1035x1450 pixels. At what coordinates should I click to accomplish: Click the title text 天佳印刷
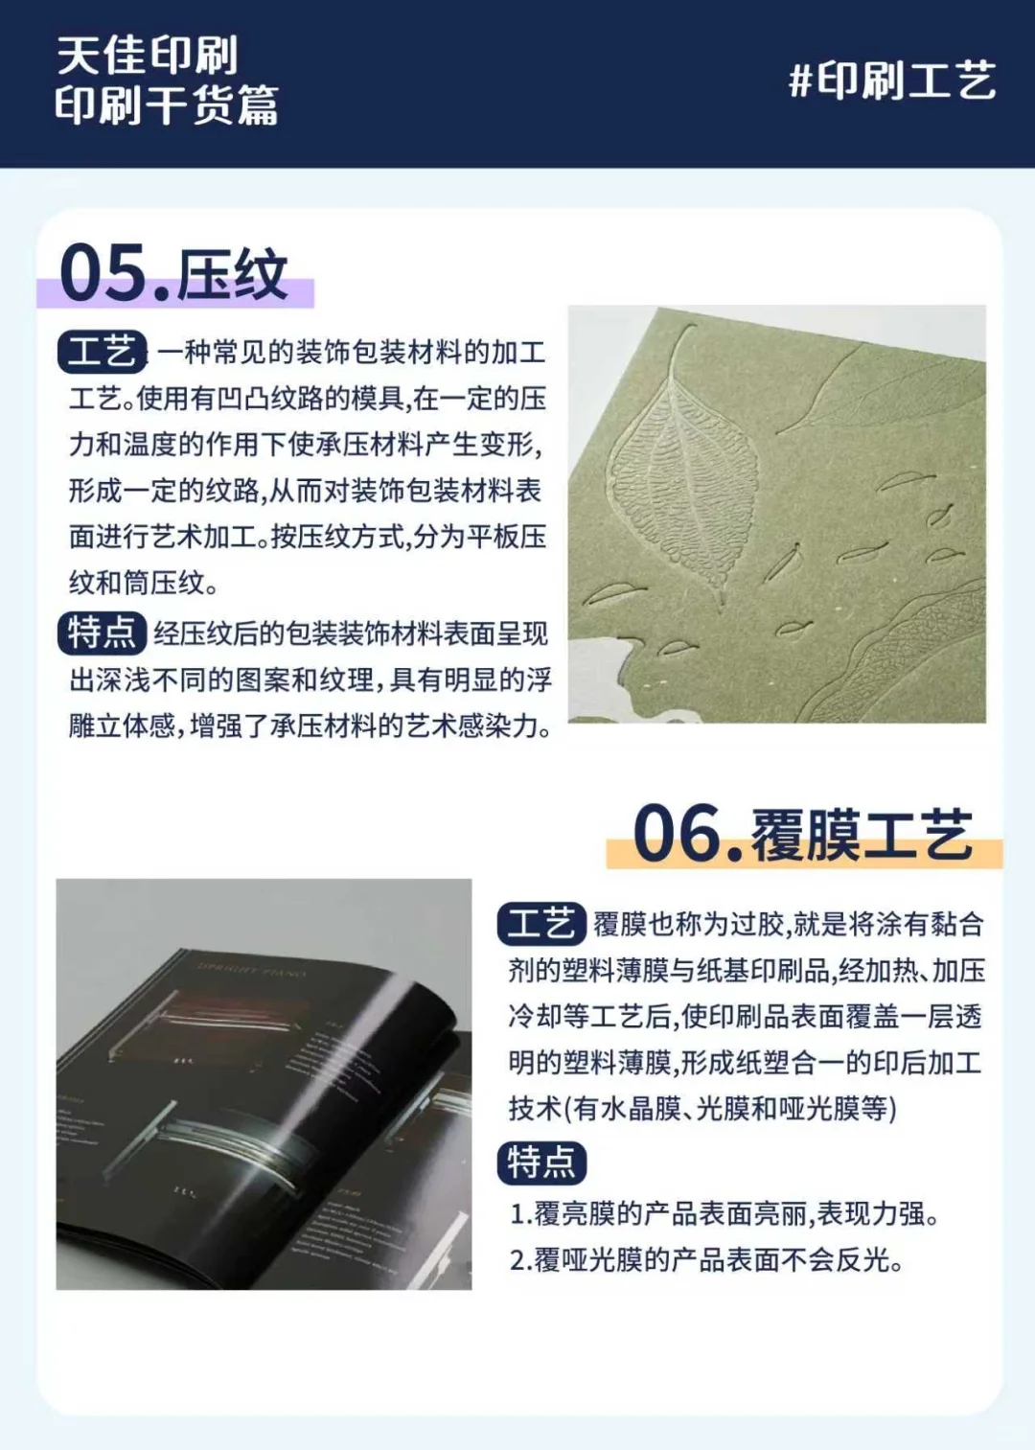[147, 56]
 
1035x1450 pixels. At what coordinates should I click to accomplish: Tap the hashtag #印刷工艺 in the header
[892, 81]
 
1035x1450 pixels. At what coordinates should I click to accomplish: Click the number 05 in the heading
[103, 273]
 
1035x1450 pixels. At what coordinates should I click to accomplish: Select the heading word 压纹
[233, 275]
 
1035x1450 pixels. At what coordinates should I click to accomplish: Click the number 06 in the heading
[677, 834]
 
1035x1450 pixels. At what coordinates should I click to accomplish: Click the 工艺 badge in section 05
[103, 352]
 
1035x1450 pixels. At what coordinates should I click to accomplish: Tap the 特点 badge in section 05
[102, 633]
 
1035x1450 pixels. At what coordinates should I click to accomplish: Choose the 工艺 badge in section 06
[541, 924]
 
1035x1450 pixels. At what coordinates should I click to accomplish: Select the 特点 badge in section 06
[541, 1162]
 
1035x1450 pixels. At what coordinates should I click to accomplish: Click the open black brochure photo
[264, 1084]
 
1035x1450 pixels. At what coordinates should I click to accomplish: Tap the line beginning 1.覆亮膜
[724, 1214]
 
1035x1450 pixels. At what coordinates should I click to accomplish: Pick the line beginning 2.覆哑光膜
[706, 1260]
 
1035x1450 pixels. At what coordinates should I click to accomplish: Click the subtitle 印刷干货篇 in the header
[167, 105]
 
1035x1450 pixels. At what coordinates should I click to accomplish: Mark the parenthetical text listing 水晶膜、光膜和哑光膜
[730, 1110]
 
